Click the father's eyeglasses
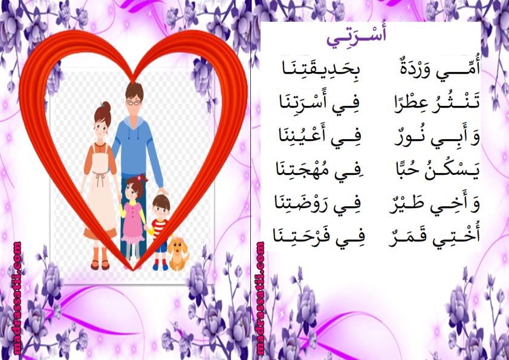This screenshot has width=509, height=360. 134,103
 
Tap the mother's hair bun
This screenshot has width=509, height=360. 107,106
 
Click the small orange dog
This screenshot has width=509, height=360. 178,254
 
